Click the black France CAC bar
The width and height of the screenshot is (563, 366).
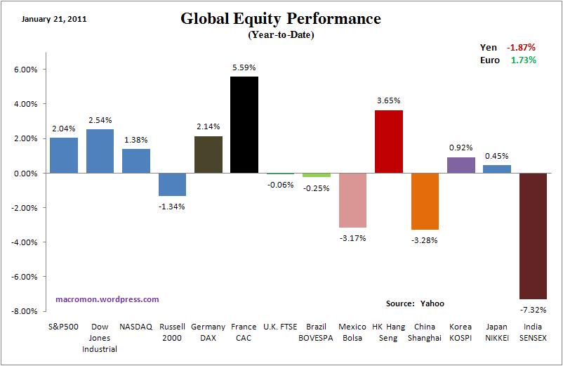tap(244, 124)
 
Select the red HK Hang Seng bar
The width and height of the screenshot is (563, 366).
tap(389, 141)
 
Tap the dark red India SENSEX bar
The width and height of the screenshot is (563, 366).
tap(533, 236)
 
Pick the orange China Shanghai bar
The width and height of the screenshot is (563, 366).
tap(425, 201)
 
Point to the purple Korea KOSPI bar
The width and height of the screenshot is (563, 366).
tap(461, 165)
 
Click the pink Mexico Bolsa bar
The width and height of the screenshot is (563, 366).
tap(352, 200)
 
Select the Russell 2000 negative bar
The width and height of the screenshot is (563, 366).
tap(172, 184)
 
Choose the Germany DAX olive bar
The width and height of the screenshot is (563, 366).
tap(208, 155)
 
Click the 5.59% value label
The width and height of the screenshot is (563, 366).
tap(244, 67)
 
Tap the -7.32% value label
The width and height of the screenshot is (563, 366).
tap(533, 310)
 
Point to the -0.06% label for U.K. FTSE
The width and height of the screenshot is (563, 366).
tap(281, 184)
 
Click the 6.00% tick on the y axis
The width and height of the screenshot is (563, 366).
tap(25, 70)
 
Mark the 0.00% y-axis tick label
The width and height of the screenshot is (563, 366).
tap(25, 174)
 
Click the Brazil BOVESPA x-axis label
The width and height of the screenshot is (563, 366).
tap(317, 332)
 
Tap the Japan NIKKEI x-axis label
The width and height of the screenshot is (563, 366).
tap(497, 332)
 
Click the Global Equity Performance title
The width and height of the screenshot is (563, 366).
tap(281, 19)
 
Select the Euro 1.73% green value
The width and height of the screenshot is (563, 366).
tap(524, 60)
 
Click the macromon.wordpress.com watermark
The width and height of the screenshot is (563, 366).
tap(107, 299)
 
